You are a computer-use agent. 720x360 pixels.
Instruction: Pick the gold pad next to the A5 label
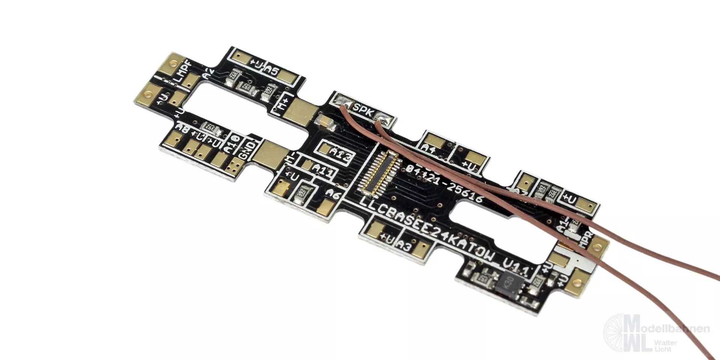288,77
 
